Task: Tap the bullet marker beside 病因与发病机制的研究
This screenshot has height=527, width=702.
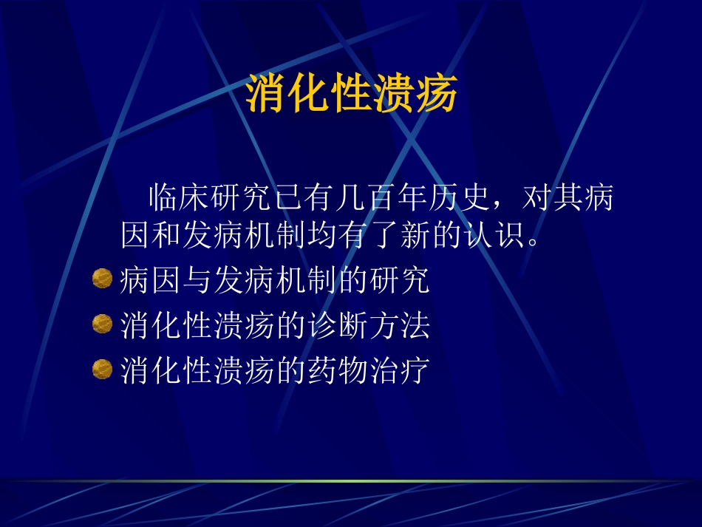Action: click(x=102, y=279)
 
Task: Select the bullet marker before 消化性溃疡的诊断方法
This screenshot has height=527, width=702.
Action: click(x=102, y=324)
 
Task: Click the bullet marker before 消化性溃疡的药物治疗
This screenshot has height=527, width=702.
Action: click(x=102, y=368)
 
